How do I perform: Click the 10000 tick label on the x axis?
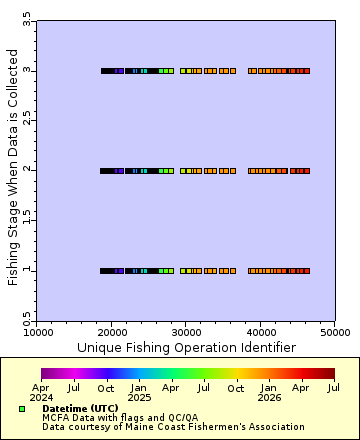pos(37,331)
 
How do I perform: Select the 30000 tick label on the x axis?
pos(186,331)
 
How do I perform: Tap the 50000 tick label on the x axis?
pos(334,331)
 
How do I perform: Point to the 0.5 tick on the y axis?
pos(27,319)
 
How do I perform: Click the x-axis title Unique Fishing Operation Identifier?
pos(186,347)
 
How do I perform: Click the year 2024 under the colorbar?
pos(41,397)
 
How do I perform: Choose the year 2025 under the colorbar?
pos(139,397)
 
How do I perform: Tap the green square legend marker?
pos(22,409)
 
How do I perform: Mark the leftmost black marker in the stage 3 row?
pos(103,71)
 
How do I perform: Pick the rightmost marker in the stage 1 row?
pos(307,270)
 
